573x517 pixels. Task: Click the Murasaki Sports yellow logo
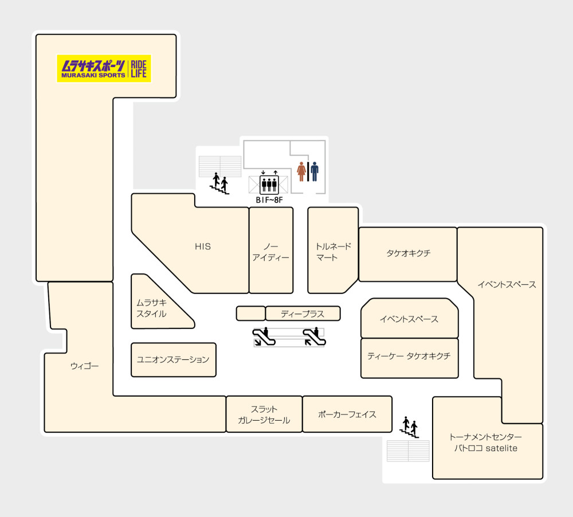point(104,68)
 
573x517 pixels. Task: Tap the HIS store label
point(203,247)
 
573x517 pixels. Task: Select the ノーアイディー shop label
point(271,252)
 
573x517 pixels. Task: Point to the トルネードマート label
point(333,252)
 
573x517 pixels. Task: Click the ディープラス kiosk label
point(303,314)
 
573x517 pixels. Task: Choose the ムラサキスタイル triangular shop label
point(152,308)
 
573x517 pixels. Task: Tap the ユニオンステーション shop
point(173,360)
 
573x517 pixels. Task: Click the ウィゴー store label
point(84,366)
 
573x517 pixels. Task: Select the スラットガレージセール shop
point(264,414)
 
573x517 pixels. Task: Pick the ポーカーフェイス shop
point(347,414)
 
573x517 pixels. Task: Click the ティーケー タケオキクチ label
point(409,356)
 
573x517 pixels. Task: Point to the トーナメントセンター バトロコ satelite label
point(486,442)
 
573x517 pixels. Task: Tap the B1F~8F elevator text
point(269,200)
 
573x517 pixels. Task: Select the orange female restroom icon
point(301,171)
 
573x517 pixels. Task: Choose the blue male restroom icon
point(314,171)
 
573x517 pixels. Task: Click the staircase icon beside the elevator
point(219,183)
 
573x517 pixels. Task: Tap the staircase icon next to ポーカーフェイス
point(409,427)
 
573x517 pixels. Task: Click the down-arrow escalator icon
point(264,337)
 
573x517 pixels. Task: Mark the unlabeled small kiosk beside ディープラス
point(251,314)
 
